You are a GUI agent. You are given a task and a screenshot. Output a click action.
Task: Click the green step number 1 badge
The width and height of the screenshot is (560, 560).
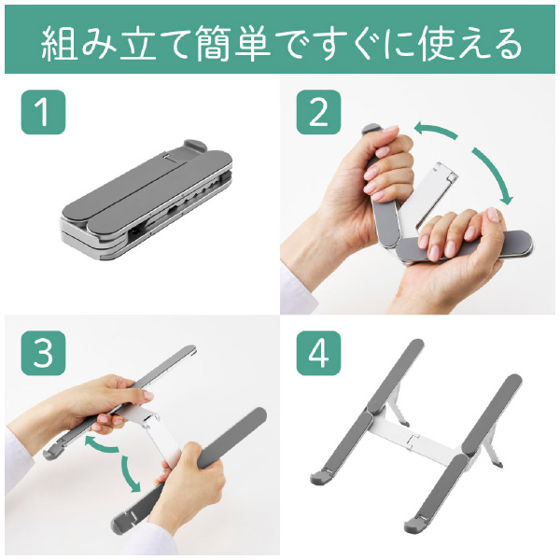(43, 112)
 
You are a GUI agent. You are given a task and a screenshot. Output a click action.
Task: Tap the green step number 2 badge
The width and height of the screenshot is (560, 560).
(318, 112)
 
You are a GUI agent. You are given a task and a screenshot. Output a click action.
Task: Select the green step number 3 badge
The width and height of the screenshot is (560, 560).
(43, 353)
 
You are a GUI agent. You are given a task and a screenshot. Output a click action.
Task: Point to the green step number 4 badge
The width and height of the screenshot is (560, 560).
(318, 353)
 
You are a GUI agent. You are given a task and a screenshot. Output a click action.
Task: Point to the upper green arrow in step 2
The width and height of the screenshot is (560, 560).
(436, 130)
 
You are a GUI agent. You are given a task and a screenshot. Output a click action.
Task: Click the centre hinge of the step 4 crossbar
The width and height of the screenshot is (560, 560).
(414, 440)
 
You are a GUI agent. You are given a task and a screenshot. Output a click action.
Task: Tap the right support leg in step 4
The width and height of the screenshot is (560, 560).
(492, 453)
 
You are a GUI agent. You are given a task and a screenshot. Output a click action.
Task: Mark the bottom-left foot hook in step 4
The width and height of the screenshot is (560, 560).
(321, 477)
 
